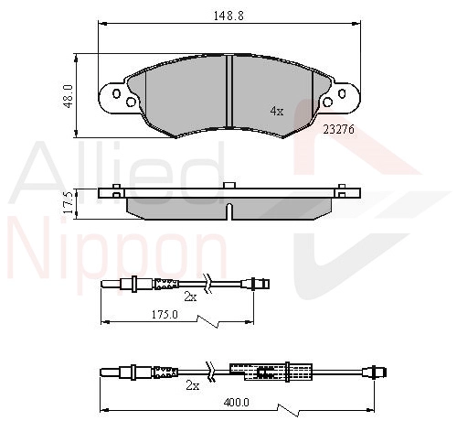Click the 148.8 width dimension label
pos(228,16)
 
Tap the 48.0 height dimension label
pos(69,96)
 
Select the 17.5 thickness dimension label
pos(69,202)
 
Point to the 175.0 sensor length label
pos(165,314)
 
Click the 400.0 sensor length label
pos(236,403)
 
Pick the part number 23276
pos(339,130)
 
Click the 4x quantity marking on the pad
pos(277,111)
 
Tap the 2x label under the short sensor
pos(190,297)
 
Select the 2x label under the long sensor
pos(193,386)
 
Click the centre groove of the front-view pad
pos(229,91)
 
